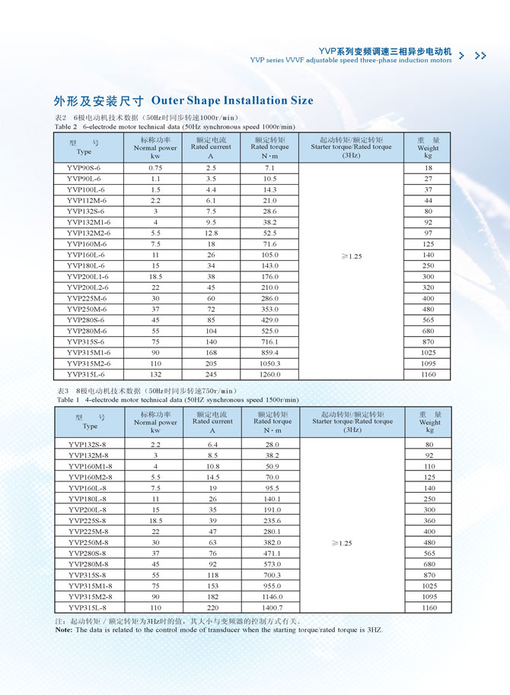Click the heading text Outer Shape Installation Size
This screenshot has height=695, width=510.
232,101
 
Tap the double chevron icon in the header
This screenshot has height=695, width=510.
480,56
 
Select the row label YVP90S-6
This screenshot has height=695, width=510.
84,167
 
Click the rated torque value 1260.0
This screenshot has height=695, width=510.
269,374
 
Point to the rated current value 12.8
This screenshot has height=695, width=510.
211,233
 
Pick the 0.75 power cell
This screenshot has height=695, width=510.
155,167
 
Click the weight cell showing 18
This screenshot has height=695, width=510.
429,167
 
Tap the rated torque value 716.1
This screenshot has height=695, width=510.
269,341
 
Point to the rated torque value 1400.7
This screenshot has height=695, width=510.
272,608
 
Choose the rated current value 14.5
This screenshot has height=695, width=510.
212,477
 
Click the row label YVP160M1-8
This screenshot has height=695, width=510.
90,466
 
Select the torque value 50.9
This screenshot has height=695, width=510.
272,466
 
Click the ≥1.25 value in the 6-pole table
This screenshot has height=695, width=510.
351,256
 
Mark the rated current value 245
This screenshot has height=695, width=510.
211,374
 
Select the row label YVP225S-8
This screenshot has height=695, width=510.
88,520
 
